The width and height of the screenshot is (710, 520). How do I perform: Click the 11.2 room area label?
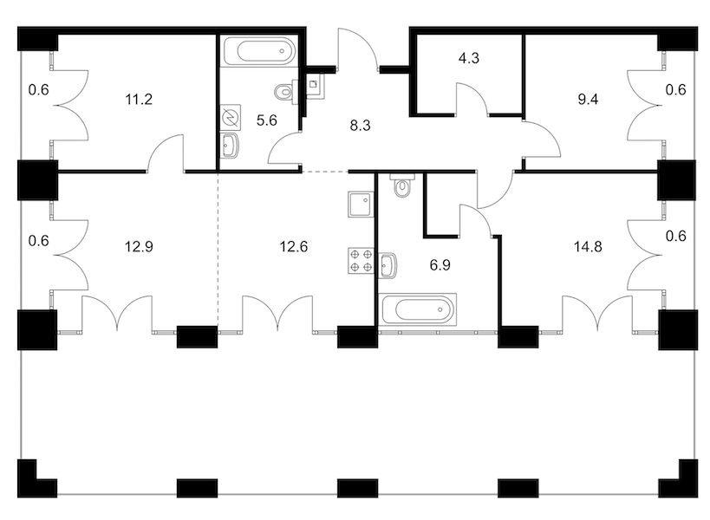pos(139,99)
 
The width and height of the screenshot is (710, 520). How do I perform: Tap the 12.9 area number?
pos(139,247)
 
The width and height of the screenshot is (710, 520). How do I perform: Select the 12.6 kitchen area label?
pos(293,247)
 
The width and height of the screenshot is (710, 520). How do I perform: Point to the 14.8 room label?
pos(588,247)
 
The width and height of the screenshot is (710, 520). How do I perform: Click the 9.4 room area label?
pos(588,99)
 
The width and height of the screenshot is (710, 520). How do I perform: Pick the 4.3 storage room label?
pos(469,58)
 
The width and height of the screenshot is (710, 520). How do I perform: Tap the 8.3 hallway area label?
pos(360,126)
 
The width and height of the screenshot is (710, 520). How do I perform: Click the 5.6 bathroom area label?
pos(266,120)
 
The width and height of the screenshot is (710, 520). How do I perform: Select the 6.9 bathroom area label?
pos(440,264)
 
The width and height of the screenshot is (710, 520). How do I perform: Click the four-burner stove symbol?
pos(361,261)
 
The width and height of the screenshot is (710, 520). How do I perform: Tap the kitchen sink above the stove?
pos(361,205)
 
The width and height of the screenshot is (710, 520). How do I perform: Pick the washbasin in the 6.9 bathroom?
pos(388,265)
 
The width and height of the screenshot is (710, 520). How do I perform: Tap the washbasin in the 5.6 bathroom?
pos(230,146)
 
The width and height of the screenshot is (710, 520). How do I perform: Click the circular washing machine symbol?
pos(231,118)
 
